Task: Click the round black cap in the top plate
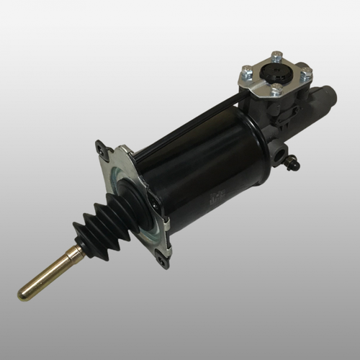[276, 74]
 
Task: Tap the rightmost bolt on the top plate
[307, 71]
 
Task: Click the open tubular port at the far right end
[328, 101]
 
